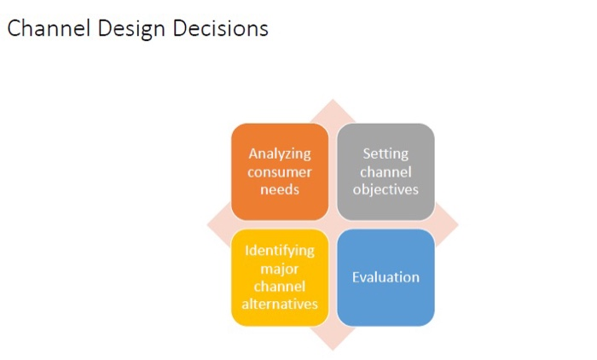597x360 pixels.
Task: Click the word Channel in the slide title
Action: point(43,28)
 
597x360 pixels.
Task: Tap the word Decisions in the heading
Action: point(221,28)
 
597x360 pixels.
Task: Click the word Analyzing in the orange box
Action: point(280,154)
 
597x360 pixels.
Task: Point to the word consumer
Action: point(280,172)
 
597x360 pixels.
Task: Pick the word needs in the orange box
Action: point(280,189)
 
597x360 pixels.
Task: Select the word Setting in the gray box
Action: point(385,154)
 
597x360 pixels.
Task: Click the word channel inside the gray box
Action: point(385,172)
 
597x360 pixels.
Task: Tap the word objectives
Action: point(385,189)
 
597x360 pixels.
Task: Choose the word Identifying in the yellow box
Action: point(280,251)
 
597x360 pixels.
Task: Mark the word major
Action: point(280,269)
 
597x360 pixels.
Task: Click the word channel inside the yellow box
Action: point(280,287)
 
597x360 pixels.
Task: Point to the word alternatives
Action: point(280,305)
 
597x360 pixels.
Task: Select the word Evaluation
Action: point(385,277)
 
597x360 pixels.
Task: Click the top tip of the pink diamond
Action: point(333,101)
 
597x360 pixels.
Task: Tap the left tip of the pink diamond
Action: point(208,225)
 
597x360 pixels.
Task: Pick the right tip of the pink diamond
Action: point(458,225)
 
